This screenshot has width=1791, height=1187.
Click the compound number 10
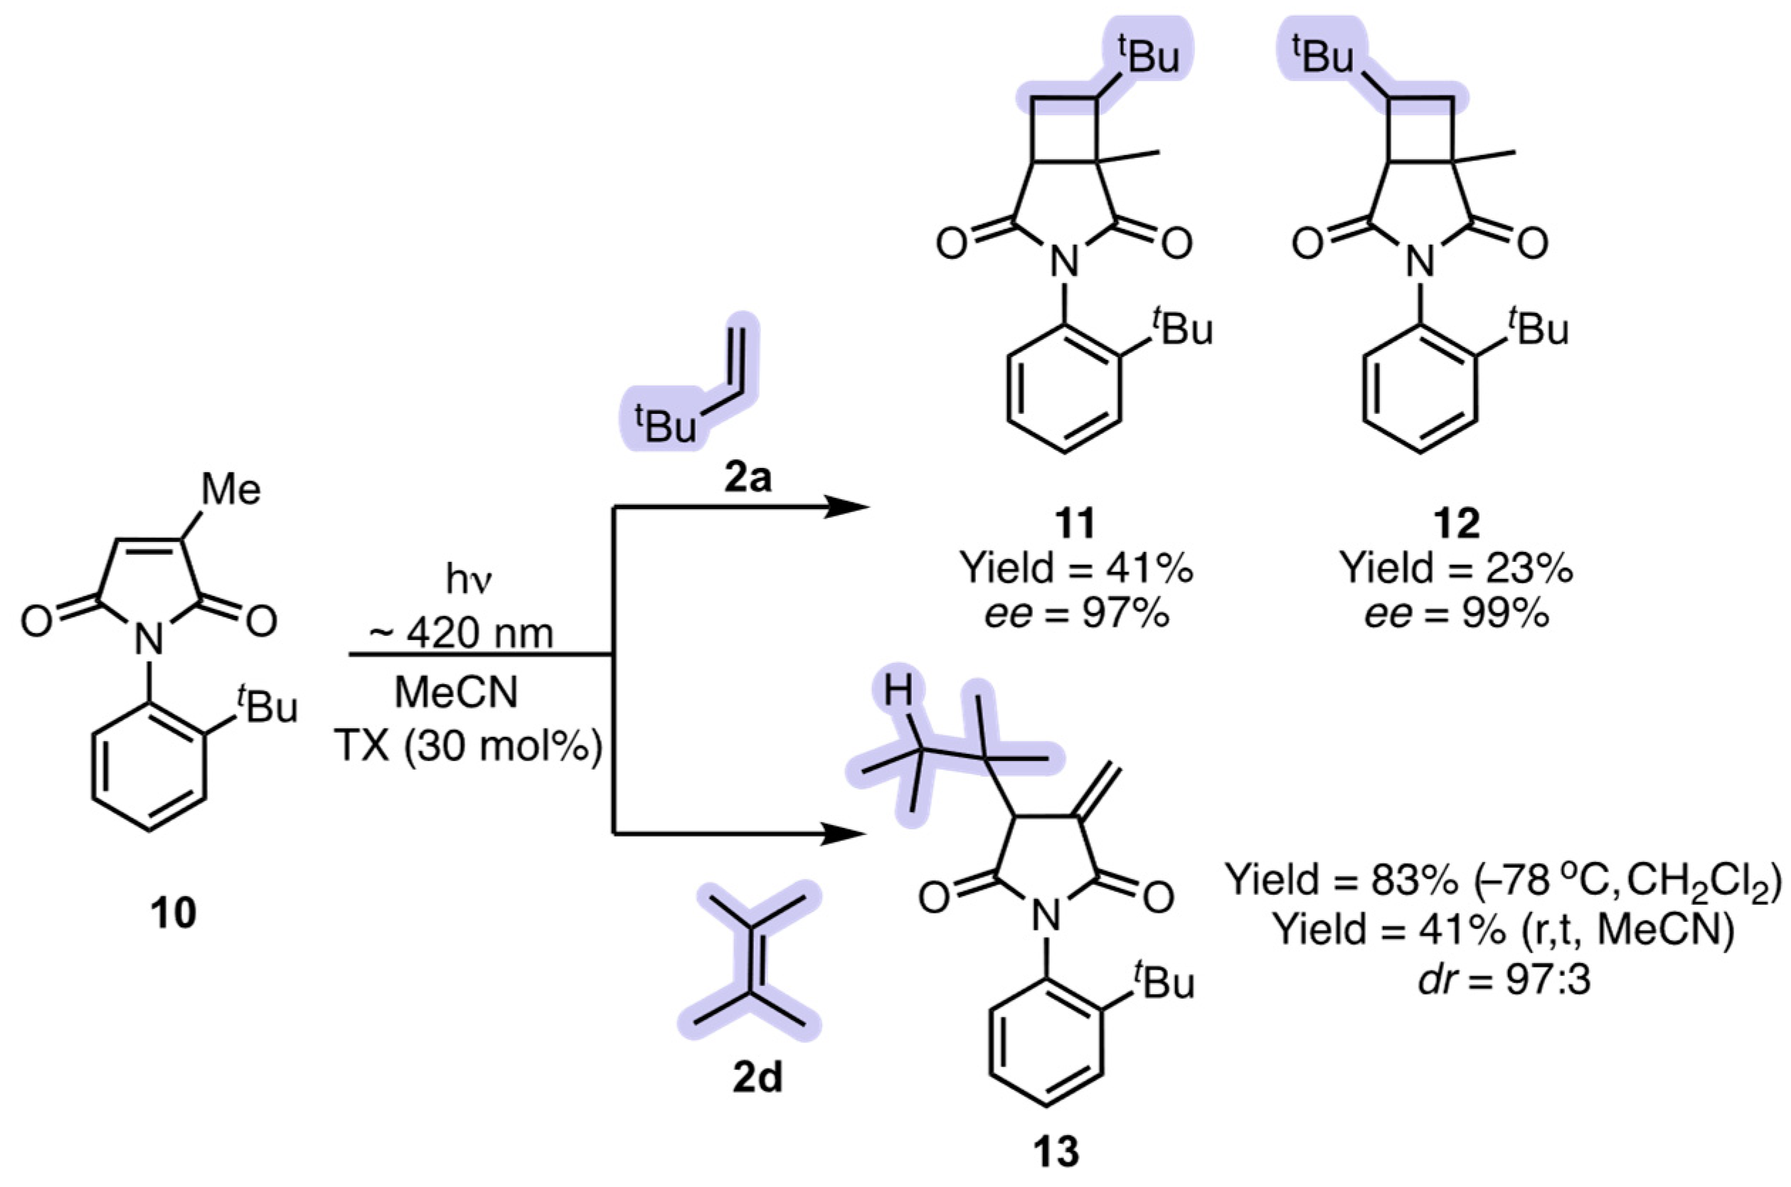tap(173, 915)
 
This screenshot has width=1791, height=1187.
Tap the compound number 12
tap(1457, 524)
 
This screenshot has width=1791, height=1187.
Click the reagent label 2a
tap(746, 478)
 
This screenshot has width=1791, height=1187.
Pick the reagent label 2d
tap(758, 1080)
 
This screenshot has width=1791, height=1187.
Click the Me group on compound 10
tap(231, 490)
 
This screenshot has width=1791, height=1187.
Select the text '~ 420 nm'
tap(460, 632)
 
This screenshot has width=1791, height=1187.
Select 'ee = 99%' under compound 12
tap(1457, 614)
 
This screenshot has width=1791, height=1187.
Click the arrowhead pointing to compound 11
tap(848, 506)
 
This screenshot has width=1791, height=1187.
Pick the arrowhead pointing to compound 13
tap(844, 835)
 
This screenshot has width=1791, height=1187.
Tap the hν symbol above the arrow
tap(469, 580)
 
